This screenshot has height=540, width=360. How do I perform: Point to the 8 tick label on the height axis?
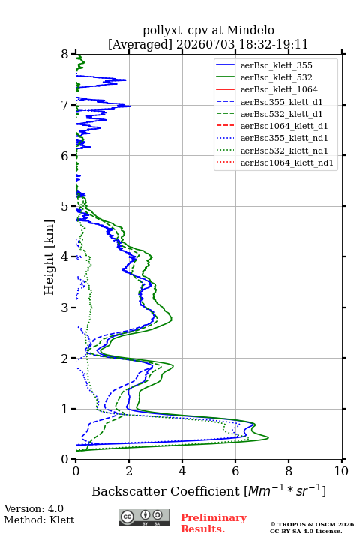click(x=65, y=54)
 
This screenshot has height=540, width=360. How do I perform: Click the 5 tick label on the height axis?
click(x=65, y=206)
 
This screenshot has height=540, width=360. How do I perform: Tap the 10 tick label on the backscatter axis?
click(x=341, y=471)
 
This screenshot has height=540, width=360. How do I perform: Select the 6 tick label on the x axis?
click(x=235, y=471)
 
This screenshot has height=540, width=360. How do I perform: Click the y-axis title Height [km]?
click(x=49, y=257)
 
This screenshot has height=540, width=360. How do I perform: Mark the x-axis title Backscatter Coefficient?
click(x=165, y=491)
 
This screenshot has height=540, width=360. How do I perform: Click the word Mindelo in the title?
click(x=250, y=30)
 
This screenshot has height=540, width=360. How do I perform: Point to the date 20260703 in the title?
click(x=205, y=44)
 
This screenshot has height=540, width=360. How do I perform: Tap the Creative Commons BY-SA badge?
click(x=144, y=517)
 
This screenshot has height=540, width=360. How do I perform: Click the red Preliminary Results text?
click(x=214, y=523)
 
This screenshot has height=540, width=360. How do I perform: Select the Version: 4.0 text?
click(x=34, y=508)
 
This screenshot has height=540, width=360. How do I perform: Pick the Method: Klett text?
click(x=39, y=520)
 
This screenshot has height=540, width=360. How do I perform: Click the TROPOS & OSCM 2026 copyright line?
click(x=313, y=524)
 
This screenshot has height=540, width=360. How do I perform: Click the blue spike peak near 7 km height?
click(x=130, y=106)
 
